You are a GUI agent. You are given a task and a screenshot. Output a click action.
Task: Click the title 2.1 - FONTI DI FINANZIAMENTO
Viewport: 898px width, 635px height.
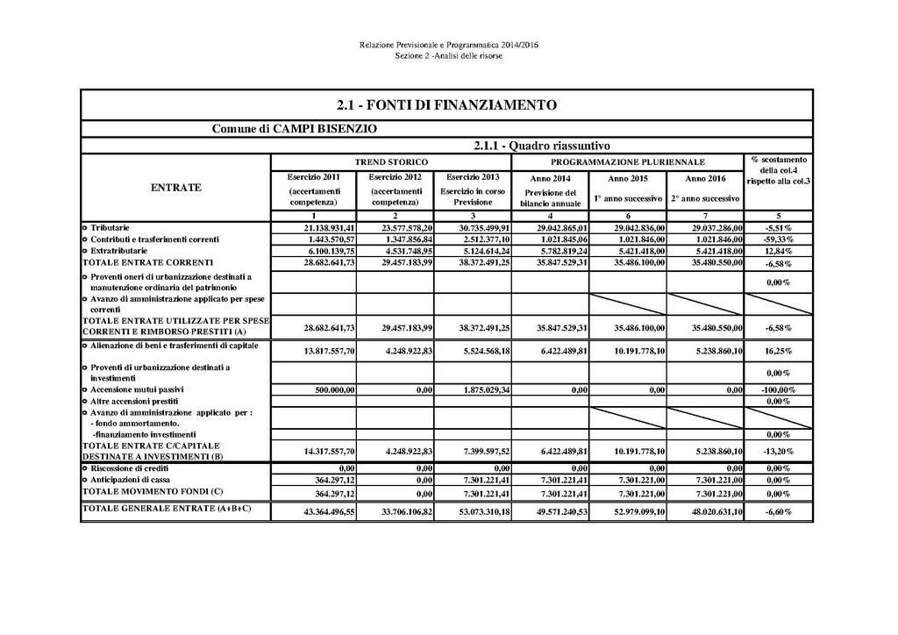(x=446, y=105)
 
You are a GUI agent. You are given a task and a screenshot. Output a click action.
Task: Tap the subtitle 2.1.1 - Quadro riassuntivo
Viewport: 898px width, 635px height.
(x=541, y=146)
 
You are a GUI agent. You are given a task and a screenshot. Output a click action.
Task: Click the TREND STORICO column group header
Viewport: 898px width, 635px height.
(x=391, y=162)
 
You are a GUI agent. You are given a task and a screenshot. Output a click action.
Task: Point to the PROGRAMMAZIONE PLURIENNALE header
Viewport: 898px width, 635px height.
(x=628, y=162)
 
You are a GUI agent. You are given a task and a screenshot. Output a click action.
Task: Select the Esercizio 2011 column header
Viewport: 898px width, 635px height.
(x=313, y=177)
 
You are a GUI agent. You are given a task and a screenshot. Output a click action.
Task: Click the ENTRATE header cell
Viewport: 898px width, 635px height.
(x=176, y=188)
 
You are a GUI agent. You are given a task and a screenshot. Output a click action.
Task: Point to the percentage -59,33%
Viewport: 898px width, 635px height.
(x=779, y=239)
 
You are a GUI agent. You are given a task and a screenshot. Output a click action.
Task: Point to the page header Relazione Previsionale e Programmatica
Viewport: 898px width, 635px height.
(x=448, y=45)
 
